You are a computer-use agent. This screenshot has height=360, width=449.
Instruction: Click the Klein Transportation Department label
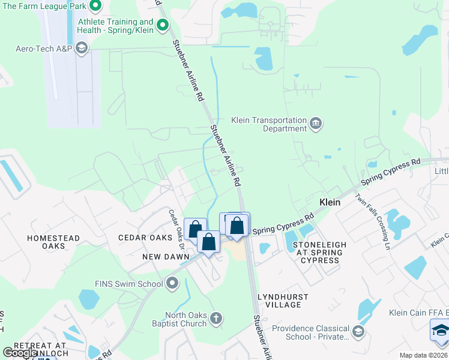click(269, 124)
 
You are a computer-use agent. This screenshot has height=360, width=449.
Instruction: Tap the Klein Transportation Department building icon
click(316, 124)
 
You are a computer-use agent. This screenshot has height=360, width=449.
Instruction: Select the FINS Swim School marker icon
click(173, 282)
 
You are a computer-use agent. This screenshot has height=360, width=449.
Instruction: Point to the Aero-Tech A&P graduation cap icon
click(82, 48)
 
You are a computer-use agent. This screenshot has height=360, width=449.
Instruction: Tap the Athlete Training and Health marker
click(162, 25)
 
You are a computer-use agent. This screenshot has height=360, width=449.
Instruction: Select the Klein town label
click(330, 203)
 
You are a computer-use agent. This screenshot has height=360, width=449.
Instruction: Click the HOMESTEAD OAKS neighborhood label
click(53, 242)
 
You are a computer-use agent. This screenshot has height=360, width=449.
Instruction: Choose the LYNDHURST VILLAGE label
click(283, 301)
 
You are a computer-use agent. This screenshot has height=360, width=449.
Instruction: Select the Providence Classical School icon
click(358, 331)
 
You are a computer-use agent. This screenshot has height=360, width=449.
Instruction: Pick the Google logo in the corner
click(20, 353)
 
